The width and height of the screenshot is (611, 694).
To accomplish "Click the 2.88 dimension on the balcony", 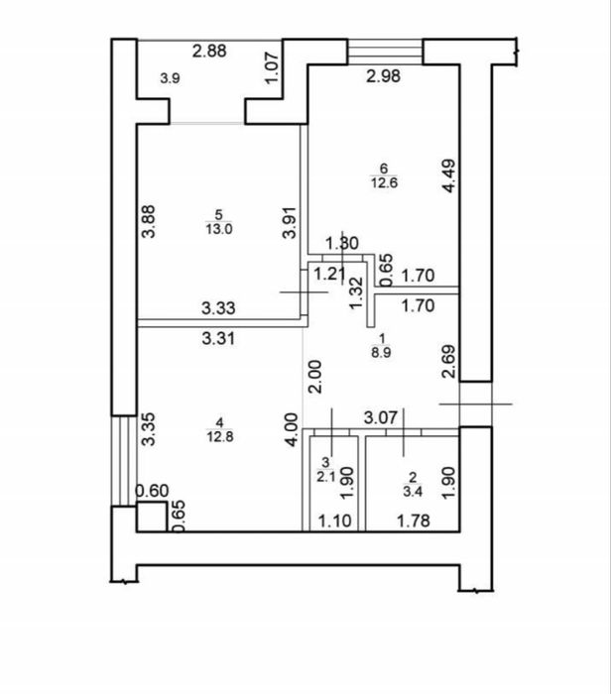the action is tap(209, 51).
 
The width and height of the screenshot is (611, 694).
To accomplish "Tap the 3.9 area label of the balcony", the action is tap(170, 78).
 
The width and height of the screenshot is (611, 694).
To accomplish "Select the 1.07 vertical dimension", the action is tap(272, 67).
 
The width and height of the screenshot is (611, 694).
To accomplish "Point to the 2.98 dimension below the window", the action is tap(384, 76).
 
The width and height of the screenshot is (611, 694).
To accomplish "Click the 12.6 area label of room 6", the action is tap(384, 182).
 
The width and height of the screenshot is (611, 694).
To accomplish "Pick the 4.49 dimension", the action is tap(448, 175).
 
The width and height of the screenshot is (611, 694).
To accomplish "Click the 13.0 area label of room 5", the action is tap(219, 229).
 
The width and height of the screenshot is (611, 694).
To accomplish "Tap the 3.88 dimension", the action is tap(149, 221).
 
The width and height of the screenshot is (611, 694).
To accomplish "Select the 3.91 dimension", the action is tap(290, 222).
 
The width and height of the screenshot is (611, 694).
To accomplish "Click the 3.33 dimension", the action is tap(218, 307).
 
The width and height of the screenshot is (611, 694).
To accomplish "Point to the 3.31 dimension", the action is tap(218, 339).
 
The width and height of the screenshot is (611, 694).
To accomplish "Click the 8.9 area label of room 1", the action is tap(381, 353).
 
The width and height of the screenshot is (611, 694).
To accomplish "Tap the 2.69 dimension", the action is tap(448, 362).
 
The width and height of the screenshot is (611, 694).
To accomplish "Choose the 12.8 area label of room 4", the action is tap(219, 437).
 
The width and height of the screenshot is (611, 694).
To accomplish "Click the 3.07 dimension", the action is tap(380, 417).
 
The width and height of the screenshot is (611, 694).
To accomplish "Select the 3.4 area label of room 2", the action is tap(413, 492).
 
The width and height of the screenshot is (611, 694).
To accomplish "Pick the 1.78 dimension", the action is tap(413, 520).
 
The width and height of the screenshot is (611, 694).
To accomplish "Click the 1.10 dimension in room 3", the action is tap(335, 520).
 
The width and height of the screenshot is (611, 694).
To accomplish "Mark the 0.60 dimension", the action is tap(152, 491).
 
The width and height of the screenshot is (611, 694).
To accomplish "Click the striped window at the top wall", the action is tap(385, 52).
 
